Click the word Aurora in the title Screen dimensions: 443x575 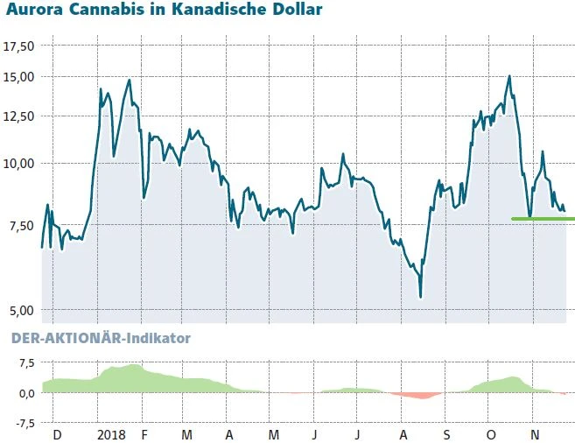click(32, 11)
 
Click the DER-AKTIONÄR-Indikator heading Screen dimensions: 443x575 click(100, 338)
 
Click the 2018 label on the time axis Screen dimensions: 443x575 click(112, 434)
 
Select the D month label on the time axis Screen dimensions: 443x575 click(57, 434)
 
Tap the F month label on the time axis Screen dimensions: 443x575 click(144, 434)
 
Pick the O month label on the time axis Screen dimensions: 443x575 click(490, 434)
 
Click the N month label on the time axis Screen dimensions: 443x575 click(534, 434)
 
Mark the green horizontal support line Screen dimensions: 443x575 click(543, 218)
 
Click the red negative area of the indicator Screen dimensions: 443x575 click(410, 396)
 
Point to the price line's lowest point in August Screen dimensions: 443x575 click(421, 297)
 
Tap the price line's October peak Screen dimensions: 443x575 click(508, 76)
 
